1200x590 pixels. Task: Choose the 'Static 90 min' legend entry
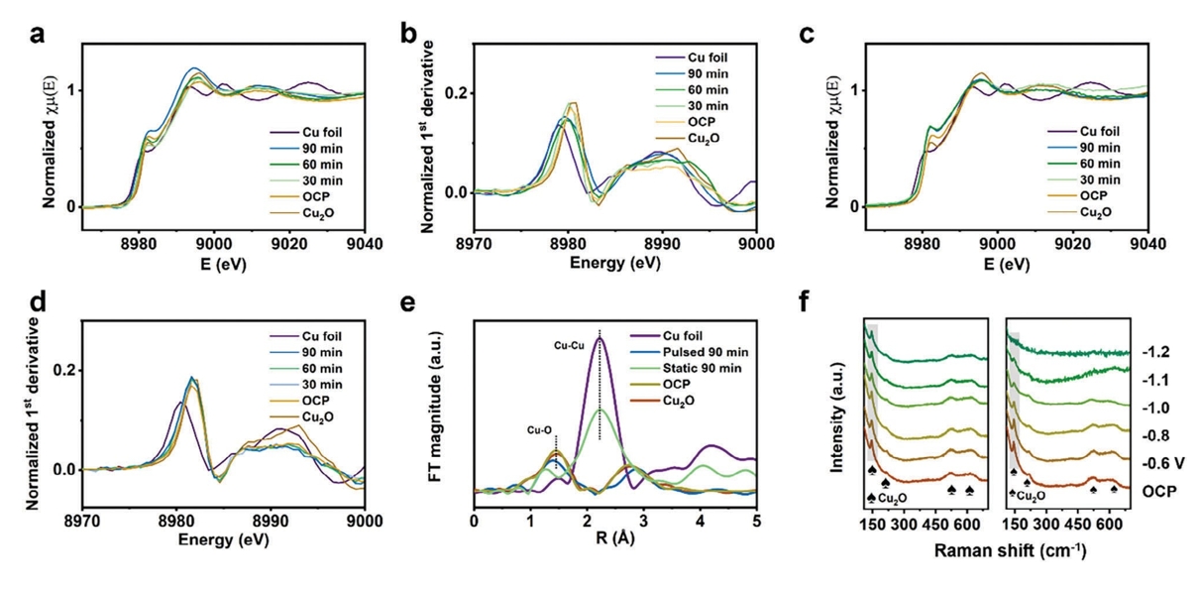pyautogui.click(x=706, y=370)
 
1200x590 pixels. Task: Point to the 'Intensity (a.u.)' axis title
pyautogui.click(x=835, y=413)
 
